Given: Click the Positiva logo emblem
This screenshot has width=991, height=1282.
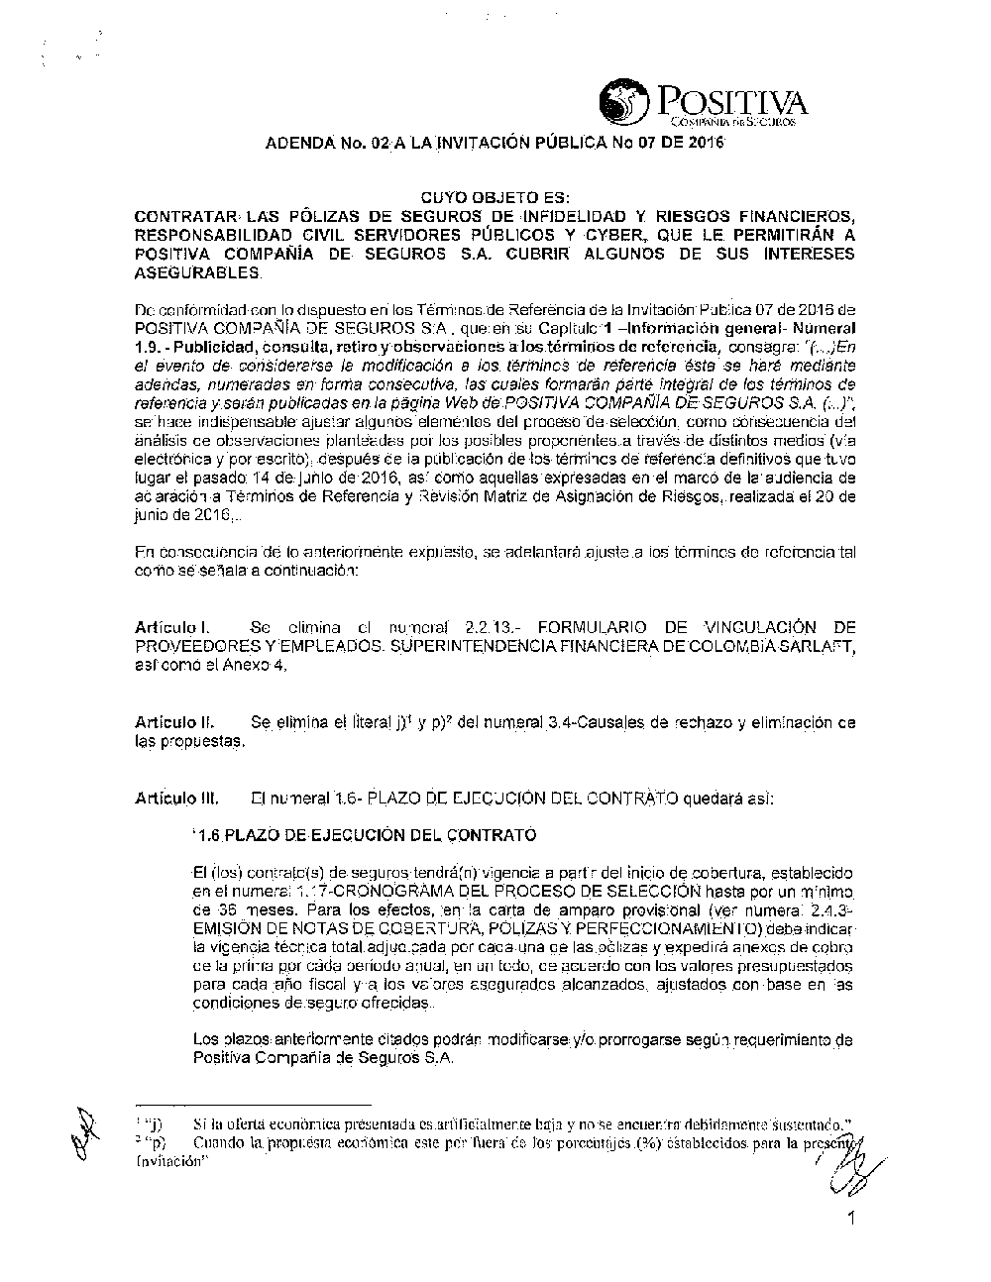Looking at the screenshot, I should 622,100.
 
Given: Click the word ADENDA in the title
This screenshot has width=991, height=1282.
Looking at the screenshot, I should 299,144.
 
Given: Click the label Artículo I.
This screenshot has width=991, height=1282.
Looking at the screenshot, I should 169,628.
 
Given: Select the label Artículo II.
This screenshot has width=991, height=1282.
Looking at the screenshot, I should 173,723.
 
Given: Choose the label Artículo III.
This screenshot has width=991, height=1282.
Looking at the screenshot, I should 176,798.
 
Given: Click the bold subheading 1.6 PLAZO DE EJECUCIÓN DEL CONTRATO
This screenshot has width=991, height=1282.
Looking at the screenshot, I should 365,835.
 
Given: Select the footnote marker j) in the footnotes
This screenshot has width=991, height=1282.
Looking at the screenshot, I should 154,1124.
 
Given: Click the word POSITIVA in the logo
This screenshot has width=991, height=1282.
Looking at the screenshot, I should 730,101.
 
